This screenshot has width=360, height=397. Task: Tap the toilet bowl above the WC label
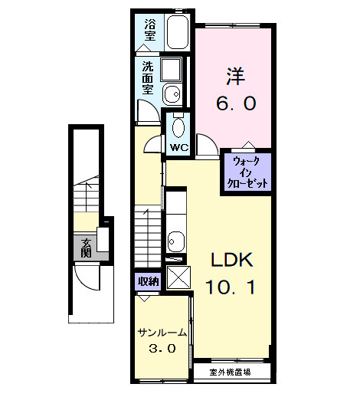(x=180, y=126)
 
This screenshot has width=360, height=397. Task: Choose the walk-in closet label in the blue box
(x=247, y=172)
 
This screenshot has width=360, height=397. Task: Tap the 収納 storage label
(x=148, y=281)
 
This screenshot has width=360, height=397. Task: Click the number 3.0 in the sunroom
(x=162, y=349)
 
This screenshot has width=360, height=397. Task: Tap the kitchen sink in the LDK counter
(x=176, y=240)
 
